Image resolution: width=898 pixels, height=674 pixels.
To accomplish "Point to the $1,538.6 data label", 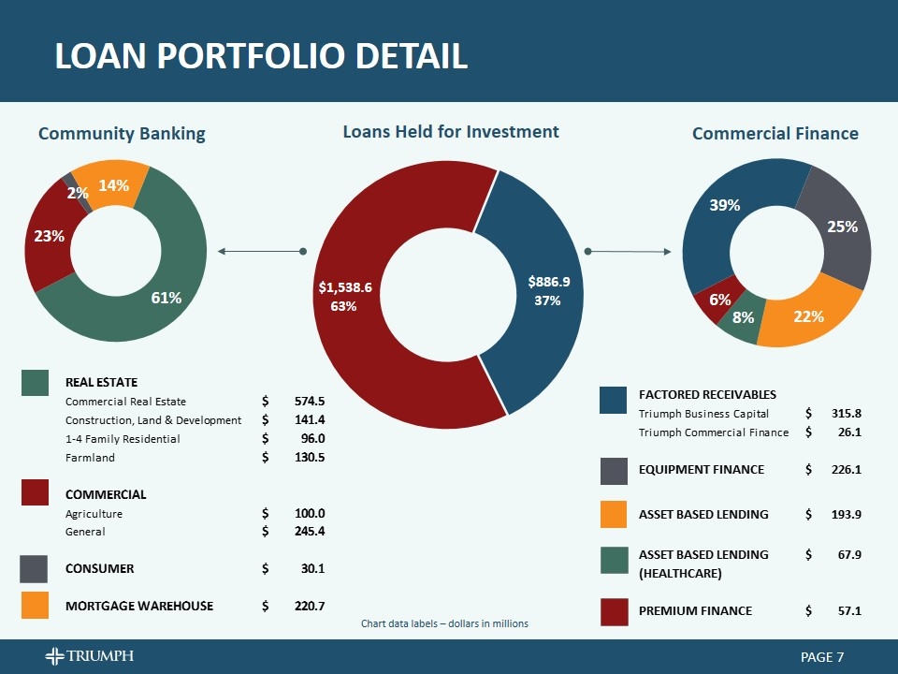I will coord(345,287).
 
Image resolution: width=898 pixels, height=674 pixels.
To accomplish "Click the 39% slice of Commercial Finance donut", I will coord(725,205).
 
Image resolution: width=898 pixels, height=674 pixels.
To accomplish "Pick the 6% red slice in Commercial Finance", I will coord(718,300).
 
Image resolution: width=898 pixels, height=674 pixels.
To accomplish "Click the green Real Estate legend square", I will coord(36,382).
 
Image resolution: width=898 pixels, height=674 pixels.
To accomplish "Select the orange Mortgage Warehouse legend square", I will coord(36,606).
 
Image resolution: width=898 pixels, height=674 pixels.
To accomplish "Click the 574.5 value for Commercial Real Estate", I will coord(309,402).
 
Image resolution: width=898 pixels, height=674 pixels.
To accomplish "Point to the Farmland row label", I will coord(90,458).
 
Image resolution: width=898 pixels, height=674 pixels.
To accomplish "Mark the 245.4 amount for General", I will coord(309,532).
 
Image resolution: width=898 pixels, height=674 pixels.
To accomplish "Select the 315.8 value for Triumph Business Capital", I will coord(846,413).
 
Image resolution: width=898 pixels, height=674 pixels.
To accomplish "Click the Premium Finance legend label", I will coord(695,610).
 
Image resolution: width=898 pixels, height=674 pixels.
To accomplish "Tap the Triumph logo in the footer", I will coord(90,655).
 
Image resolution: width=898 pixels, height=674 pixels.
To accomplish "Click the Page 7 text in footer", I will coord(822,657).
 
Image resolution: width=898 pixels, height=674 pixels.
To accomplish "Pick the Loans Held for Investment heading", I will coord(451,132).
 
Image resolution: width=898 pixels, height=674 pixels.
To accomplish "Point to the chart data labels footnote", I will coord(444,623).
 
